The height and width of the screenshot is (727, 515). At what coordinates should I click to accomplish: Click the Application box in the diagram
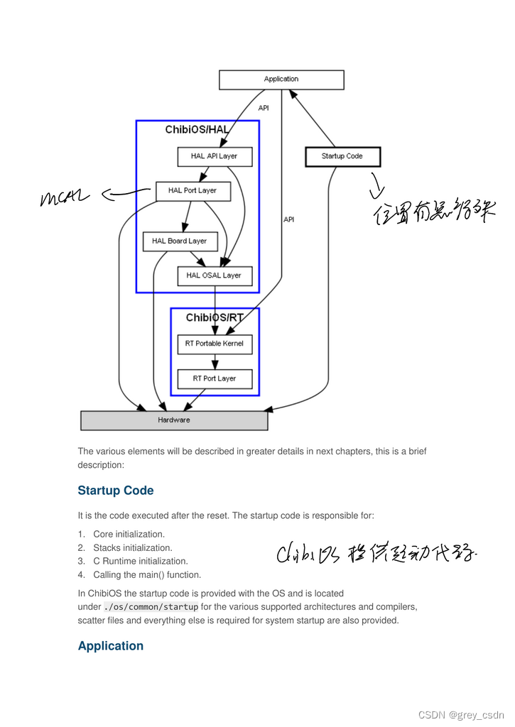(281, 80)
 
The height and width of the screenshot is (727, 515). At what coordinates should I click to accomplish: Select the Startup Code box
(342, 156)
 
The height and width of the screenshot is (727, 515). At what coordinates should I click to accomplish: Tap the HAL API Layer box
(215, 156)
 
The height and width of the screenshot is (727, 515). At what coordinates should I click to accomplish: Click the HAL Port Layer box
(193, 190)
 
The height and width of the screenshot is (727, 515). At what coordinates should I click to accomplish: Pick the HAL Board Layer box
(180, 241)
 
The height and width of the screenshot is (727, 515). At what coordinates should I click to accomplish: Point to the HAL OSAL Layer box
(215, 275)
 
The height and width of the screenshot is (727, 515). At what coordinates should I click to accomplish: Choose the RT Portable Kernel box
(215, 344)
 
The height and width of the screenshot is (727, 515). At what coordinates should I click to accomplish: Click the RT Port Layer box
(215, 378)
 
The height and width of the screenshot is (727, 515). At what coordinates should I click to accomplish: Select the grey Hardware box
(174, 420)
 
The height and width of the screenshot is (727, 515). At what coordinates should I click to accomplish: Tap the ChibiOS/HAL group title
(197, 130)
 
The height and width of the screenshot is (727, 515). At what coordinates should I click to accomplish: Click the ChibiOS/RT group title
(215, 318)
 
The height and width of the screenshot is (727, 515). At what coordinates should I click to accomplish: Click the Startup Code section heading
(116, 491)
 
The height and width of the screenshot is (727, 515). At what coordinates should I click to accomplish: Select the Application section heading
(111, 646)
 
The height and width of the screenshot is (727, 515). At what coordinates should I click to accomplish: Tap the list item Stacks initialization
(133, 548)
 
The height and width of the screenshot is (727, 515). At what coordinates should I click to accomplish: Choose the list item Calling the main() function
(147, 575)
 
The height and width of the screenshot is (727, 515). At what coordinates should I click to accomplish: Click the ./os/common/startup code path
(151, 607)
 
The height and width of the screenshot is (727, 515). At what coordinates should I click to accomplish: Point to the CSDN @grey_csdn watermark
(461, 714)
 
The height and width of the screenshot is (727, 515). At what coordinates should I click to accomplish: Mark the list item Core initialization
(129, 534)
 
